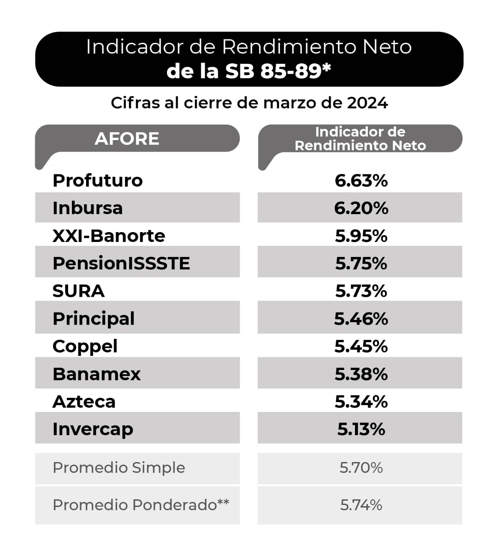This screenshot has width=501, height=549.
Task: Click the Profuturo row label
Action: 97,180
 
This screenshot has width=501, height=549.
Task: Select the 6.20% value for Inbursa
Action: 361,208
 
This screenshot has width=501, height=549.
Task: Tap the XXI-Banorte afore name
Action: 109,236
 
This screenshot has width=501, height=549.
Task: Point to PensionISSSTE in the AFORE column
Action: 121,263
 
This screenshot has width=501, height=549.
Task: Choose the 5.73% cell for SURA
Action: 361,291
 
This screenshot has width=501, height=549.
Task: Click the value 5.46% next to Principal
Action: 361,319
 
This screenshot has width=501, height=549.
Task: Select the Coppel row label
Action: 85,346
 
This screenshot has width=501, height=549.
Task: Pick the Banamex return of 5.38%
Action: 361,374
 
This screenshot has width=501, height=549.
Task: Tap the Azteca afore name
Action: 84,402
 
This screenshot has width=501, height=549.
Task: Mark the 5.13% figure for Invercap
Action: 361,429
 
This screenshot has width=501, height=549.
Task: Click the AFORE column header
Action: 127,139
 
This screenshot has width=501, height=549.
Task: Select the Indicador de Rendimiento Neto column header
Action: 360,139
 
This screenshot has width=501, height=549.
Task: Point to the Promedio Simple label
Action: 119,468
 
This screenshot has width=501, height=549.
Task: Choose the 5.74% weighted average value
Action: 361,505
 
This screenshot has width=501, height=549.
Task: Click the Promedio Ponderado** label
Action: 141,505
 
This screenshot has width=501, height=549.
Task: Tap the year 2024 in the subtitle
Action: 367,103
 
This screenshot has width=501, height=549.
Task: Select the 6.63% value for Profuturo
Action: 361,180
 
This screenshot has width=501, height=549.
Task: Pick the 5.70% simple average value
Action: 361,468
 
